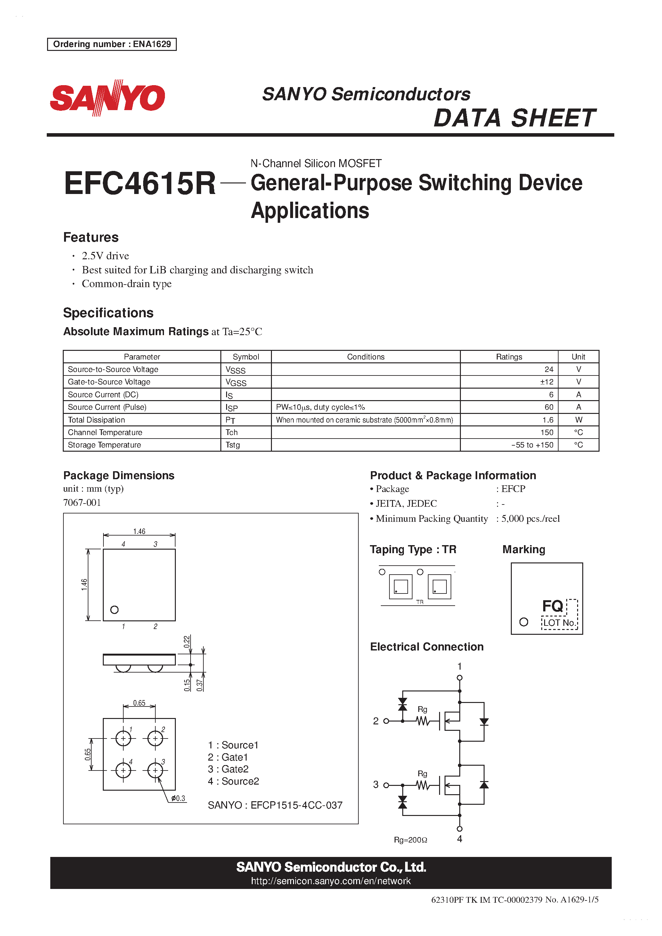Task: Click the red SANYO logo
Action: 107,98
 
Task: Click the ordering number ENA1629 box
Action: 112,44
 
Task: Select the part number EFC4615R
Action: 140,183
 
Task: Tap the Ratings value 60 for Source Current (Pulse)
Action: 549,407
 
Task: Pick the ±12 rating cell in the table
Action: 547,382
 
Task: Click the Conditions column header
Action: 365,357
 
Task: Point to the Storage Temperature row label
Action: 104,445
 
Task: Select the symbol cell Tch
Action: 232,432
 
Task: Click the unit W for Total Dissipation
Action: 578,419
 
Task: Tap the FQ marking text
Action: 552,606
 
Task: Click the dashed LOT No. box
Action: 559,623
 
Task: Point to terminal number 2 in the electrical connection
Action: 376,721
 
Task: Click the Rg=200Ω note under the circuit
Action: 410,840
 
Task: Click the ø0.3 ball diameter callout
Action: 178,798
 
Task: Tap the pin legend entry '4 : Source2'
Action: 233,781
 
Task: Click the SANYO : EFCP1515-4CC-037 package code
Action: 275,805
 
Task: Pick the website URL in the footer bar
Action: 331,881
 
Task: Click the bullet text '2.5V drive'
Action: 105,255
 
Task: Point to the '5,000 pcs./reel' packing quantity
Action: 530,519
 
